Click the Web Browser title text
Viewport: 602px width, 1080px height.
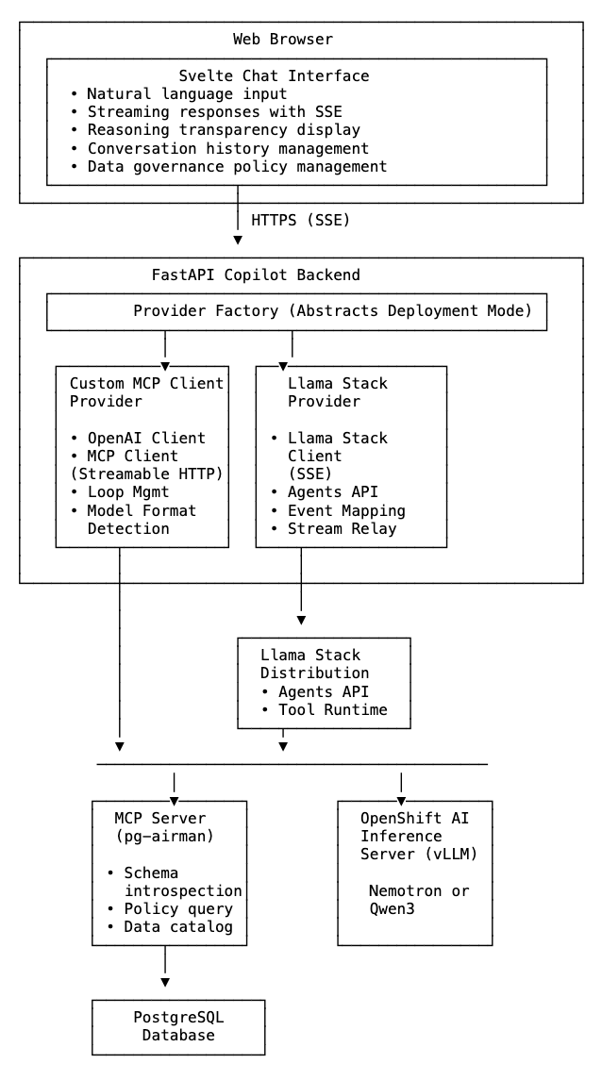tap(282, 40)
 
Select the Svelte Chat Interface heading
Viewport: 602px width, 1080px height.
tap(274, 75)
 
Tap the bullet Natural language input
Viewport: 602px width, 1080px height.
tap(186, 94)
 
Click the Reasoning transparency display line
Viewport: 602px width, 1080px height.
tap(223, 130)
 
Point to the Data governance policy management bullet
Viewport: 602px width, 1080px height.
tap(236, 167)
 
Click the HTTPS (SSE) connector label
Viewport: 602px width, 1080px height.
tap(300, 220)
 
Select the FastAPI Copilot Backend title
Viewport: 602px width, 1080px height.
tap(256, 275)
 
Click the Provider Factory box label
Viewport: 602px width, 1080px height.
tap(334, 311)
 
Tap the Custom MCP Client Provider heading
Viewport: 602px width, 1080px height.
tap(146, 392)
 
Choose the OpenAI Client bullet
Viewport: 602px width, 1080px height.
tap(145, 438)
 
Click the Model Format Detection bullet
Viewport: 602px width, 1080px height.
tap(142, 520)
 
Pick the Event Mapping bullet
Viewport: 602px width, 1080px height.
tap(345, 510)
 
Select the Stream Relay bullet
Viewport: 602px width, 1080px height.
tap(342, 528)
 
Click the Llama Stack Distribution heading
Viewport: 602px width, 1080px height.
tap(314, 664)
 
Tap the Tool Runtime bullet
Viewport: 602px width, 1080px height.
tap(332, 709)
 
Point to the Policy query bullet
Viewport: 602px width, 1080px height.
tap(177, 909)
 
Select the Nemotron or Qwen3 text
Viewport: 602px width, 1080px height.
tap(418, 900)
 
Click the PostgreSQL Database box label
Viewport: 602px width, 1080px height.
tap(178, 1027)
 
